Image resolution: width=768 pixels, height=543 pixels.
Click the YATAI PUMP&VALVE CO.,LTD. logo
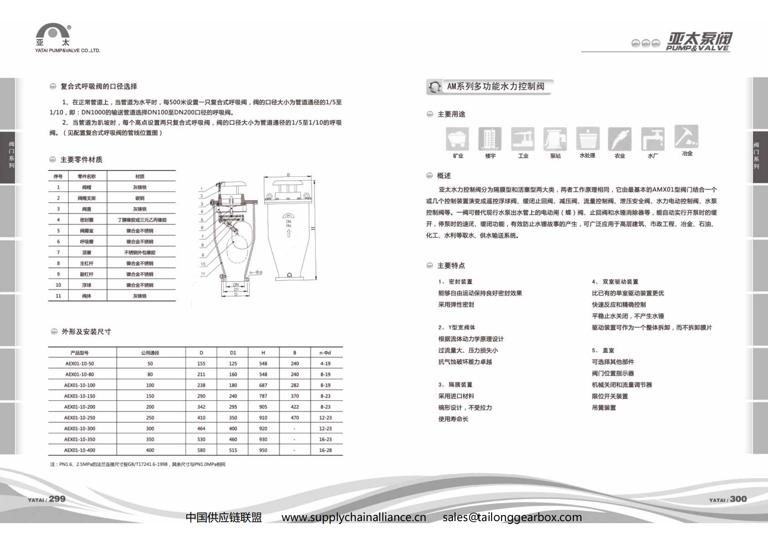click(67, 38)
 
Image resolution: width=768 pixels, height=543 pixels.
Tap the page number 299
click(57, 499)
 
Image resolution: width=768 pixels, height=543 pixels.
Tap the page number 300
click(738, 499)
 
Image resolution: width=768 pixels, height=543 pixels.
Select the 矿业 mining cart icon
click(457, 139)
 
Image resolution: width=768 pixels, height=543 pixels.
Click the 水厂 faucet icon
click(653, 139)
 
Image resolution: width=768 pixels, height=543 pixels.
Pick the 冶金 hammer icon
click(686, 137)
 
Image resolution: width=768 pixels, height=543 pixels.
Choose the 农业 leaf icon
click(620, 139)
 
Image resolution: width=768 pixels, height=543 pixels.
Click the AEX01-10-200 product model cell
click(80, 407)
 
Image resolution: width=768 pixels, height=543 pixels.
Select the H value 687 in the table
click(263, 385)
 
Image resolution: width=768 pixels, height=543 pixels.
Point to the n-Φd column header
click(325, 353)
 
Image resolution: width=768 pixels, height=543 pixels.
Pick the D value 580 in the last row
click(201, 450)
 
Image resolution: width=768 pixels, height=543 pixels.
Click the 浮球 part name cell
click(87, 285)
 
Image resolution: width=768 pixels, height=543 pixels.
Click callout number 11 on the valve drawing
click(203, 274)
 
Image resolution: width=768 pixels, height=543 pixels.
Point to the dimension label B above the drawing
click(288, 175)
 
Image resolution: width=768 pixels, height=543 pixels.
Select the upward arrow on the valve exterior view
click(288, 233)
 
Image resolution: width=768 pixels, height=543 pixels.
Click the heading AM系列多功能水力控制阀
click(495, 87)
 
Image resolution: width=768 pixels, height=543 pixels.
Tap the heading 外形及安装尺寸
click(86, 332)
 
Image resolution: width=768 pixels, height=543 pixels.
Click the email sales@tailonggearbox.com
click(512, 517)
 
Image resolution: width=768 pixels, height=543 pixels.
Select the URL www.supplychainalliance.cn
click(354, 517)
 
